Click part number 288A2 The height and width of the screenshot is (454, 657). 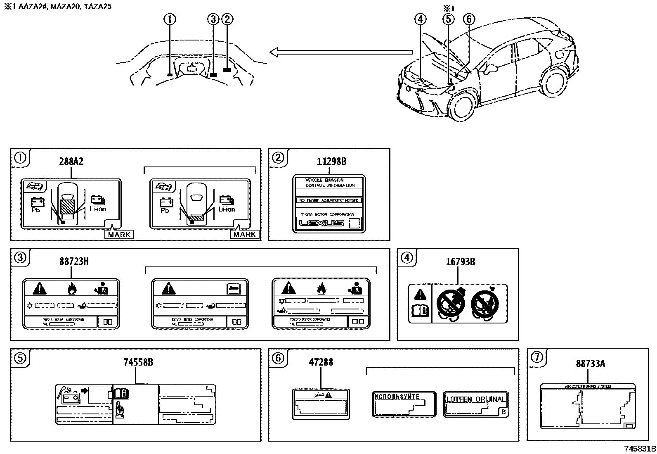(71, 162)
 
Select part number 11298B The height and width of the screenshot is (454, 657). (331, 162)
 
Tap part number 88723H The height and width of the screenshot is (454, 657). (74, 261)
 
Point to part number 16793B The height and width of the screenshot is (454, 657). (460, 262)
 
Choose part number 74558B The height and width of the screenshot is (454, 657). (138, 362)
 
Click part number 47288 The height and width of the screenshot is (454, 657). (321, 362)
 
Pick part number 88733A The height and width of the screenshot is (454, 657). (591, 364)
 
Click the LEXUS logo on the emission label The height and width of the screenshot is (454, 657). (321, 223)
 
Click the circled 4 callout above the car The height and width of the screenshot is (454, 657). (420, 19)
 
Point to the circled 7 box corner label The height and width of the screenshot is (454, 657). (536, 357)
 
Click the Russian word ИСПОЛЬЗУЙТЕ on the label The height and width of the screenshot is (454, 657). (397, 397)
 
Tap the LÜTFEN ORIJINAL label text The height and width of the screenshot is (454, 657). (476, 399)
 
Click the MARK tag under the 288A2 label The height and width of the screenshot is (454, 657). (119, 235)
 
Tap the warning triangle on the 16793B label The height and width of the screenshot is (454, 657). (420, 295)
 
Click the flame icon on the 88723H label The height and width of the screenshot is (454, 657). (72, 288)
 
